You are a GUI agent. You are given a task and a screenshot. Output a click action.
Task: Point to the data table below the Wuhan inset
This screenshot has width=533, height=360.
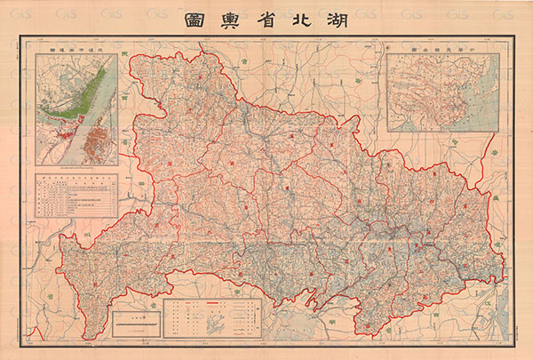(76, 196)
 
